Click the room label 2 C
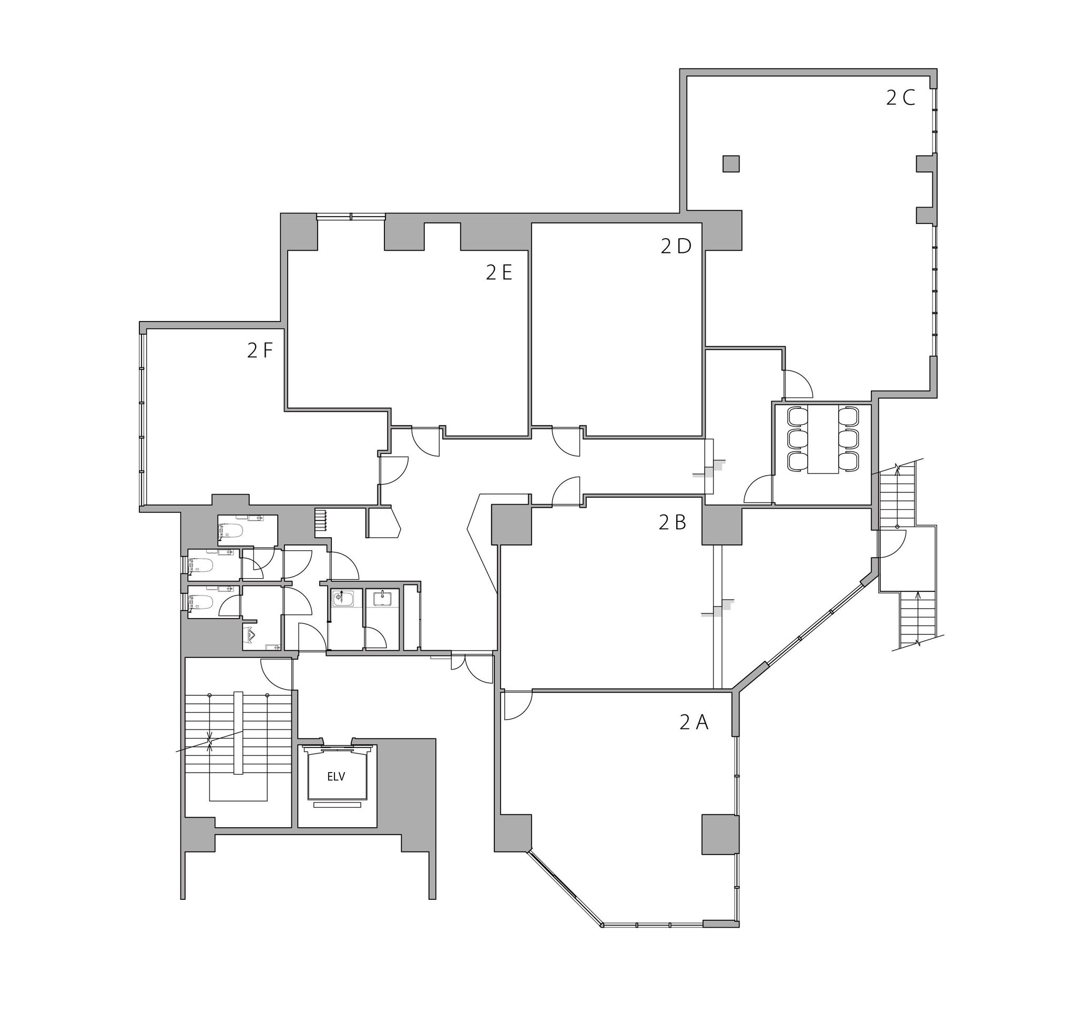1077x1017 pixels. pyautogui.click(x=900, y=98)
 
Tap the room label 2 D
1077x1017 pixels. pyautogui.click(x=676, y=246)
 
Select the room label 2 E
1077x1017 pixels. pyautogui.click(x=499, y=273)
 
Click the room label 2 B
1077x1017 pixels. pyautogui.click(x=673, y=522)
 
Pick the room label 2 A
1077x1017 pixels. pyautogui.click(x=694, y=723)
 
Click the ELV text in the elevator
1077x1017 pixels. pyautogui.click(x=336, y=777)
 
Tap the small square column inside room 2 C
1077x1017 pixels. pyautogui.click(x=730, y=163)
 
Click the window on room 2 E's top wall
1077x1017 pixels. pyautogui.click(x=351, y=218)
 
